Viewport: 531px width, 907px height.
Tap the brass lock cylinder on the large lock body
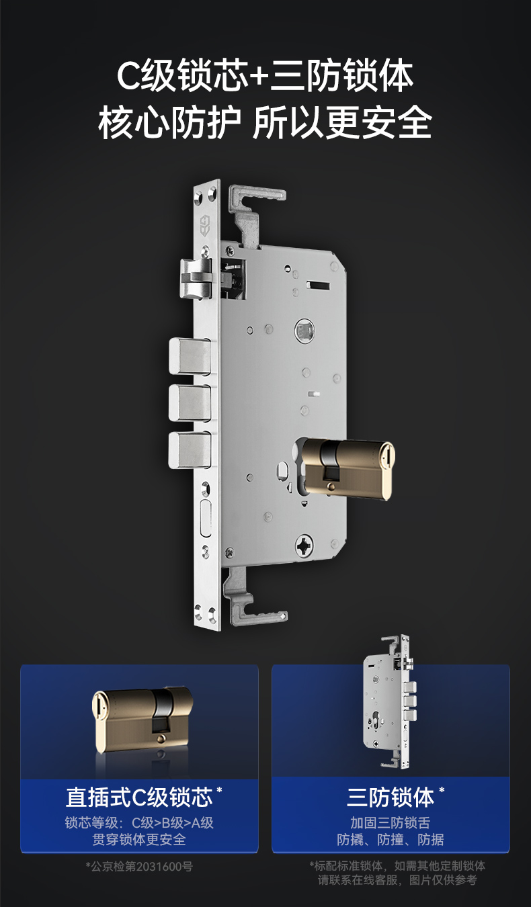[348, 470]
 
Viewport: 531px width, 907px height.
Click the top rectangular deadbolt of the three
[190, 357]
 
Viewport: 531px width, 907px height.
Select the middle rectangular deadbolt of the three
[190, 403]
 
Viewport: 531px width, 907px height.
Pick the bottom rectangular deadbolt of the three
[190, 450]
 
